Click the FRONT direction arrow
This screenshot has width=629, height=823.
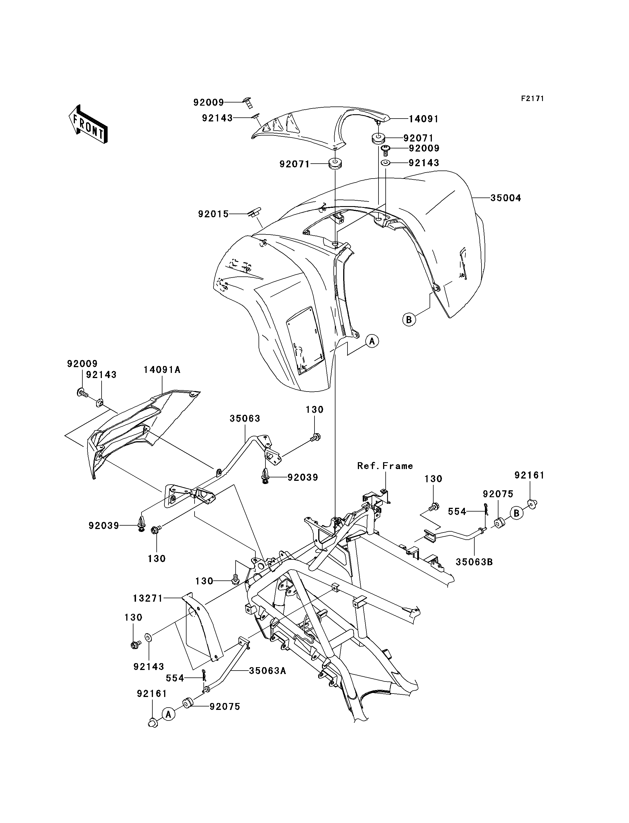click(x=88, y=124)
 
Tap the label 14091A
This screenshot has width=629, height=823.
click(x=162, y=370)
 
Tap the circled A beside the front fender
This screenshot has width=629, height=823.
click(x=372, y=341)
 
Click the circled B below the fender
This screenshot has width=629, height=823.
click(x=409, y=319)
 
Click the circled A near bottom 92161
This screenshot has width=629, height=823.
click(x=168, y=714)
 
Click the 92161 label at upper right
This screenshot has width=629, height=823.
click(x=529, y=475)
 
